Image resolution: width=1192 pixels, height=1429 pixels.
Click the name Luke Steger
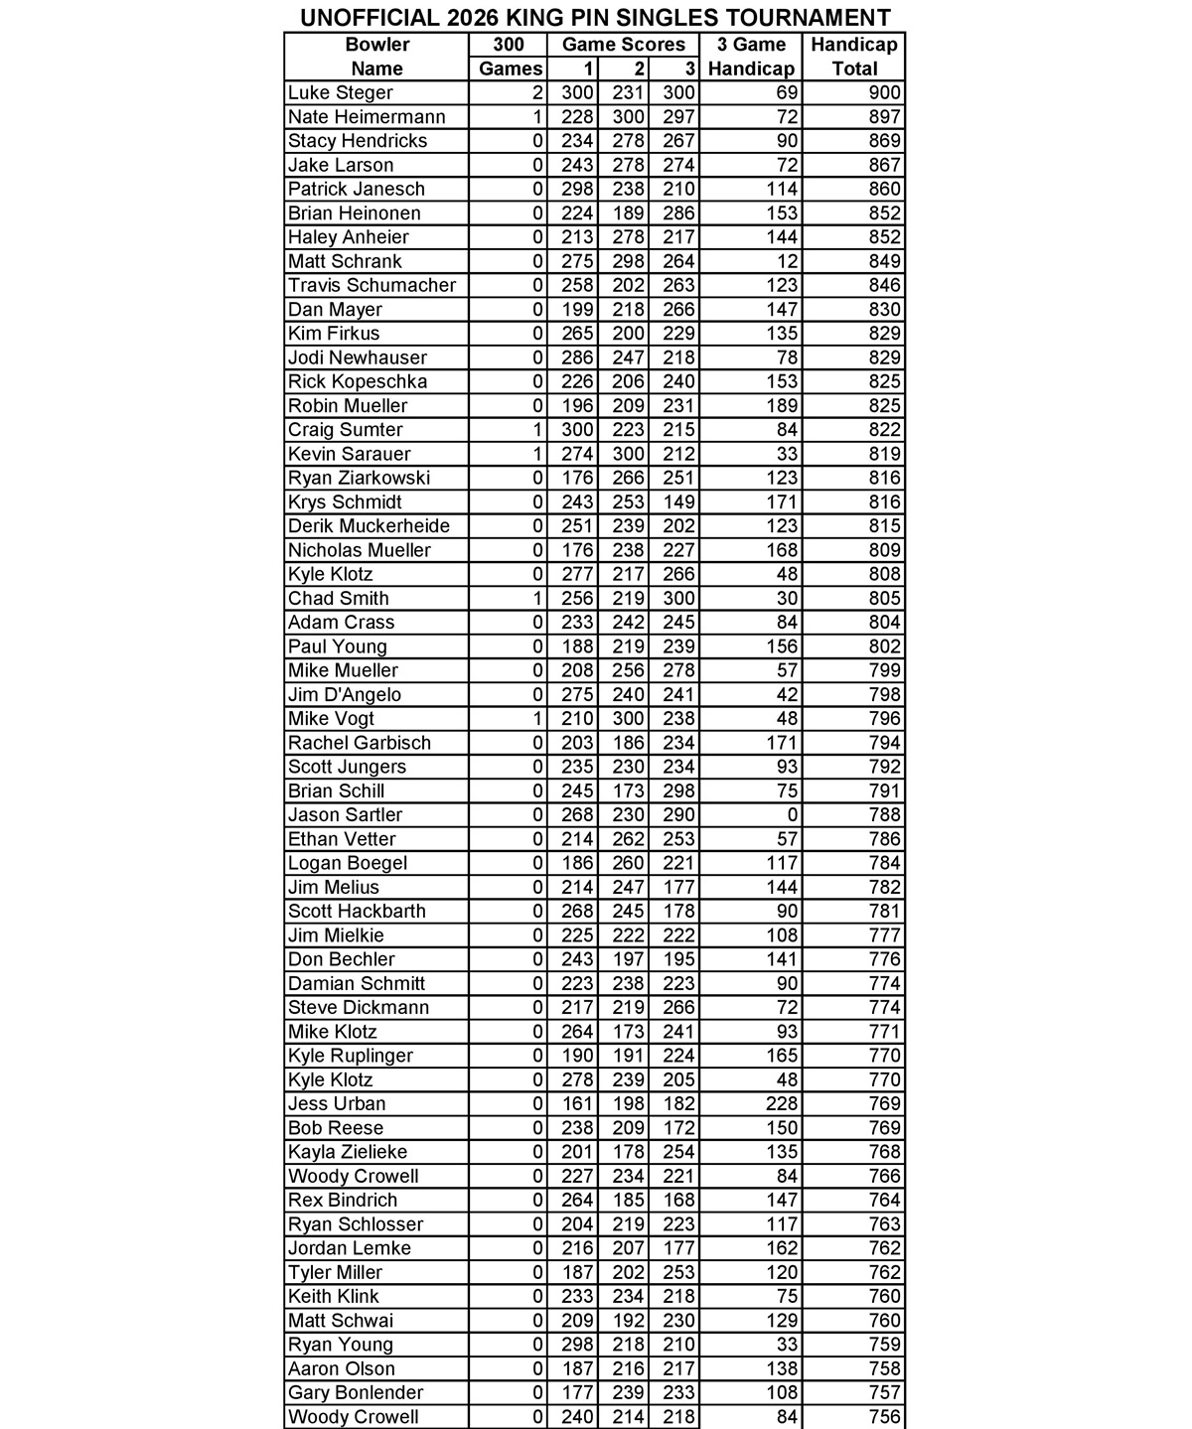coord(340,93)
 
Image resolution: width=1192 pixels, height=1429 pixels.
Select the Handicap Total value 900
coord(883,93)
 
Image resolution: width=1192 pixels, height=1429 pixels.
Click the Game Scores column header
coord(623,45)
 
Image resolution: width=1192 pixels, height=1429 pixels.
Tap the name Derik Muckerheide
coord(369,526)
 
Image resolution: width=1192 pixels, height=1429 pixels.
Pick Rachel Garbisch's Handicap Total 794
coord(883,743)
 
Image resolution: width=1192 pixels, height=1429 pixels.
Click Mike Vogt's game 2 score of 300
coord(628,719)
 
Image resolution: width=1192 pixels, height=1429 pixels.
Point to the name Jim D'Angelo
coord(344,695)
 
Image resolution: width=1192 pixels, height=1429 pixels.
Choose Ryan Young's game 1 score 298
coord(577,1345)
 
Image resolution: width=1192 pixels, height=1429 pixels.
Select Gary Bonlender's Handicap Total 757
coord(883,1393)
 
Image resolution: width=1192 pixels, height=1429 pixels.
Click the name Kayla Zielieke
coord(347,1152)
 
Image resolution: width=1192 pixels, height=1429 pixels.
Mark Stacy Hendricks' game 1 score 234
coord(577,141)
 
